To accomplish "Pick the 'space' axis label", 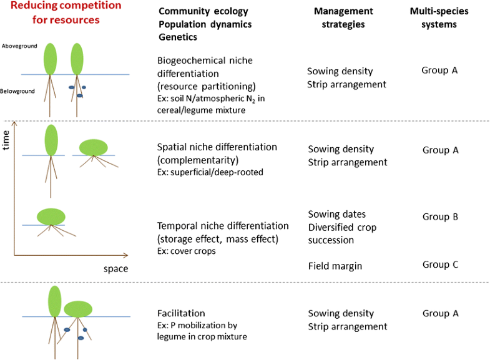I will (x=115, y=269).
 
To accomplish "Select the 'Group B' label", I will (x=440, y=217).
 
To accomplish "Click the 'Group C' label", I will (x=440, y=264).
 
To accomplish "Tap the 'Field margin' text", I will (x=335, y=266).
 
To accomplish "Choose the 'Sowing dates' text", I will (x=337, y=215).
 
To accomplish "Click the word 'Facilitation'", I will (x=181, y=313).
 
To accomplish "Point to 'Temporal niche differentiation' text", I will (x=223, y=225).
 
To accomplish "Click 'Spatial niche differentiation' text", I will (x=217, y=147).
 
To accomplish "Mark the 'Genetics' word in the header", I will (x=179, y=37).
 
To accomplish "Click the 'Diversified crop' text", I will (x=342, y=227).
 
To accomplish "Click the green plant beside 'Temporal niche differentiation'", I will (x=51, y=216).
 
